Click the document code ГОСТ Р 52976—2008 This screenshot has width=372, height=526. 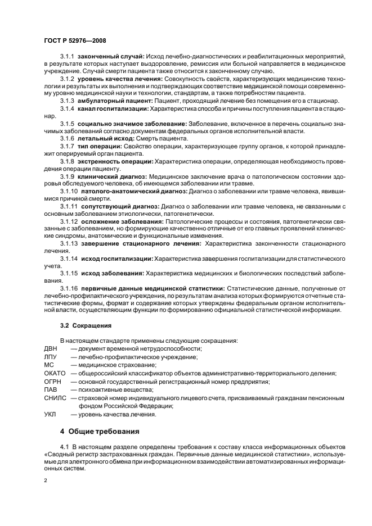[75, 40]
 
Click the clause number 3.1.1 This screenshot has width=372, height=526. [68, 57]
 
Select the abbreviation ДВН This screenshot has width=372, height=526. [51, 349]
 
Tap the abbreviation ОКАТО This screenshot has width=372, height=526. [55, 373]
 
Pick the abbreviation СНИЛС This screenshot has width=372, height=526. [55, 398]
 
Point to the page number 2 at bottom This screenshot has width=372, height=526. [46, 481]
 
